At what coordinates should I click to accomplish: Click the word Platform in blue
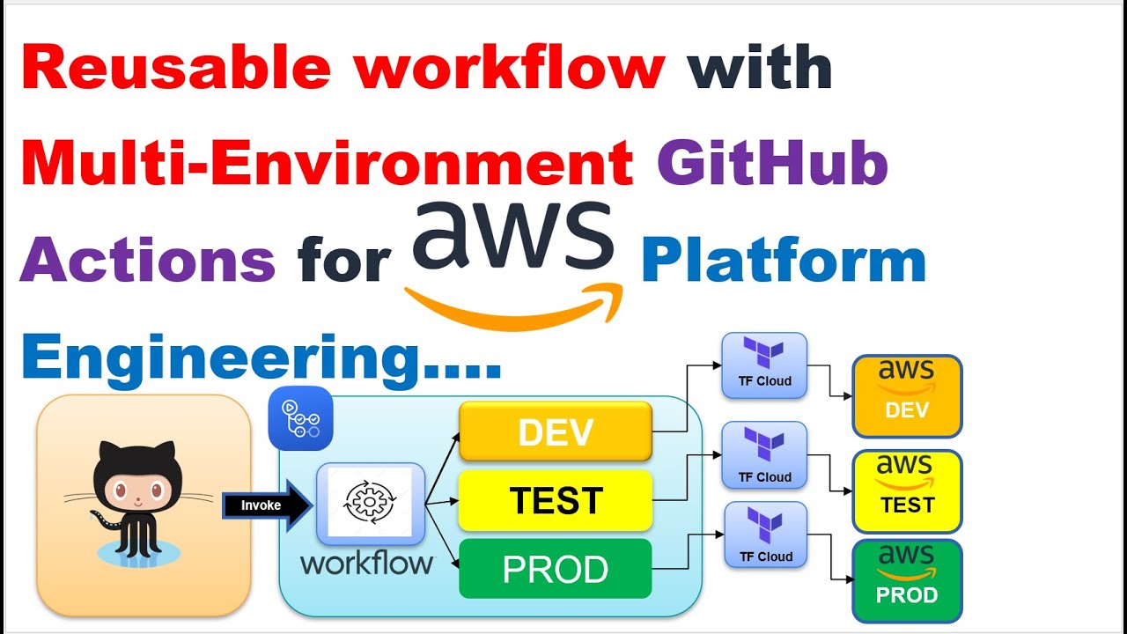[783, 262]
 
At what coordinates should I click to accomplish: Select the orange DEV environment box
[556, 431]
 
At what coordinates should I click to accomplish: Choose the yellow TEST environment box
[556, 501]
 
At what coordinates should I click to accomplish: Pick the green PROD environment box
[556, 569]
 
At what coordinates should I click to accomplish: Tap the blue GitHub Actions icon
[300, 418]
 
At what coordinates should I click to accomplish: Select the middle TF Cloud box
[764, 454]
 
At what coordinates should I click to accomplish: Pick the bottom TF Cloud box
[764, 534]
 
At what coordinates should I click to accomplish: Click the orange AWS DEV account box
[907, 396]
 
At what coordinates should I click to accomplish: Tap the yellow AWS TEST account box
[907, 491]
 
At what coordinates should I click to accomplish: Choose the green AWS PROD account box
[907, 580]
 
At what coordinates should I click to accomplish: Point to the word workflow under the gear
[366, 563]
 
